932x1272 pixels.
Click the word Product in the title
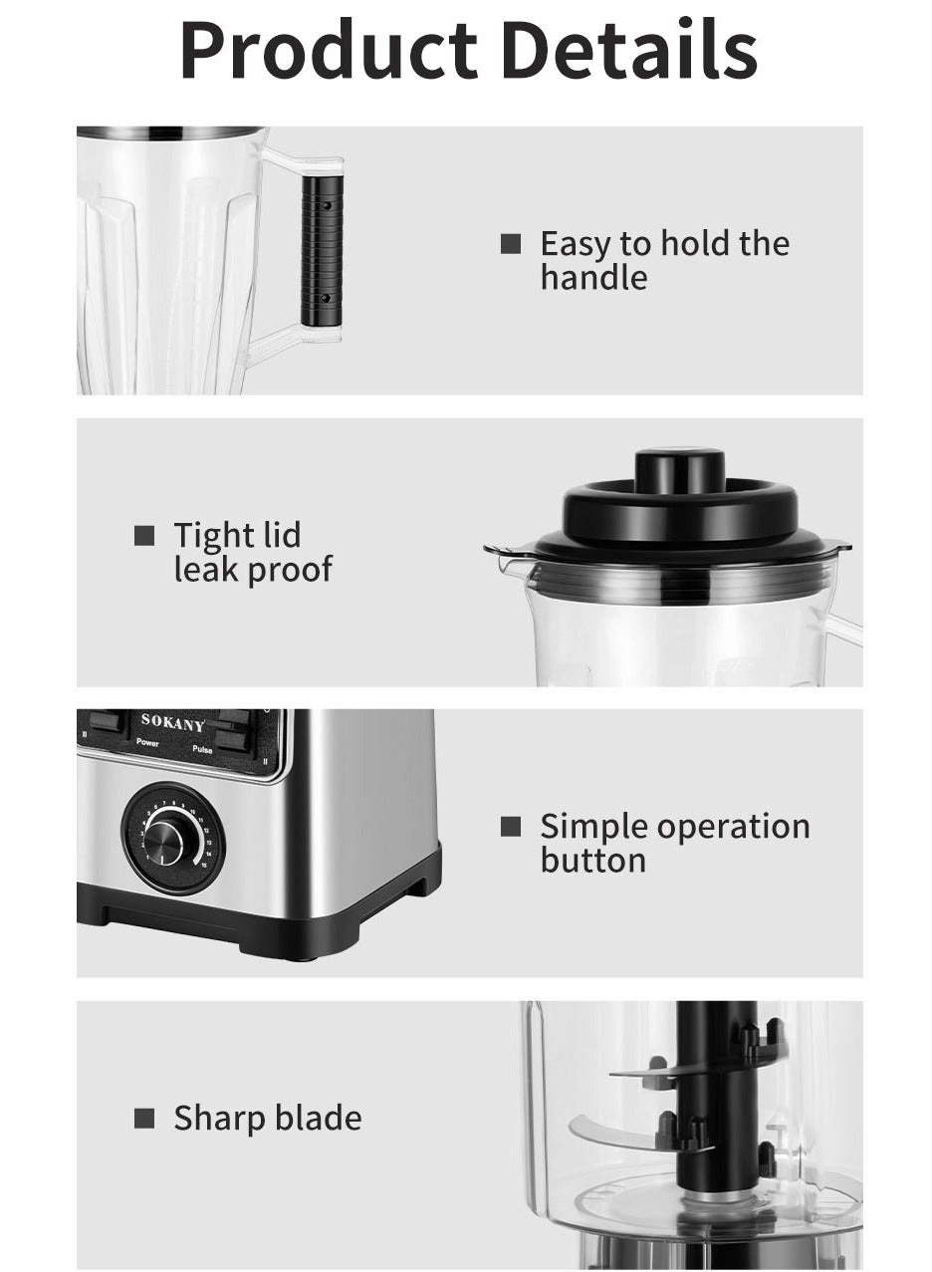coord(329,50)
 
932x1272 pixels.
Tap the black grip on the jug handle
coord(323,250)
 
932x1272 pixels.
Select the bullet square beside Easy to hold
coord(510,244)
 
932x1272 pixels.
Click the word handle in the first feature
coord(593,278)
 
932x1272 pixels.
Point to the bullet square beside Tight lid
coord(144,536)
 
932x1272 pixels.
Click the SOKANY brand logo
coord(172,723)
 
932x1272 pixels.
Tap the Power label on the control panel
coord(147,742)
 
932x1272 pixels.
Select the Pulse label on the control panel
coord(202,749)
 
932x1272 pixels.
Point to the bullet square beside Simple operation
coord(510,827)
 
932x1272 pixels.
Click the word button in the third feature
coord(593,861)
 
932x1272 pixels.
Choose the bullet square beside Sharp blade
coord(144,1119)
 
